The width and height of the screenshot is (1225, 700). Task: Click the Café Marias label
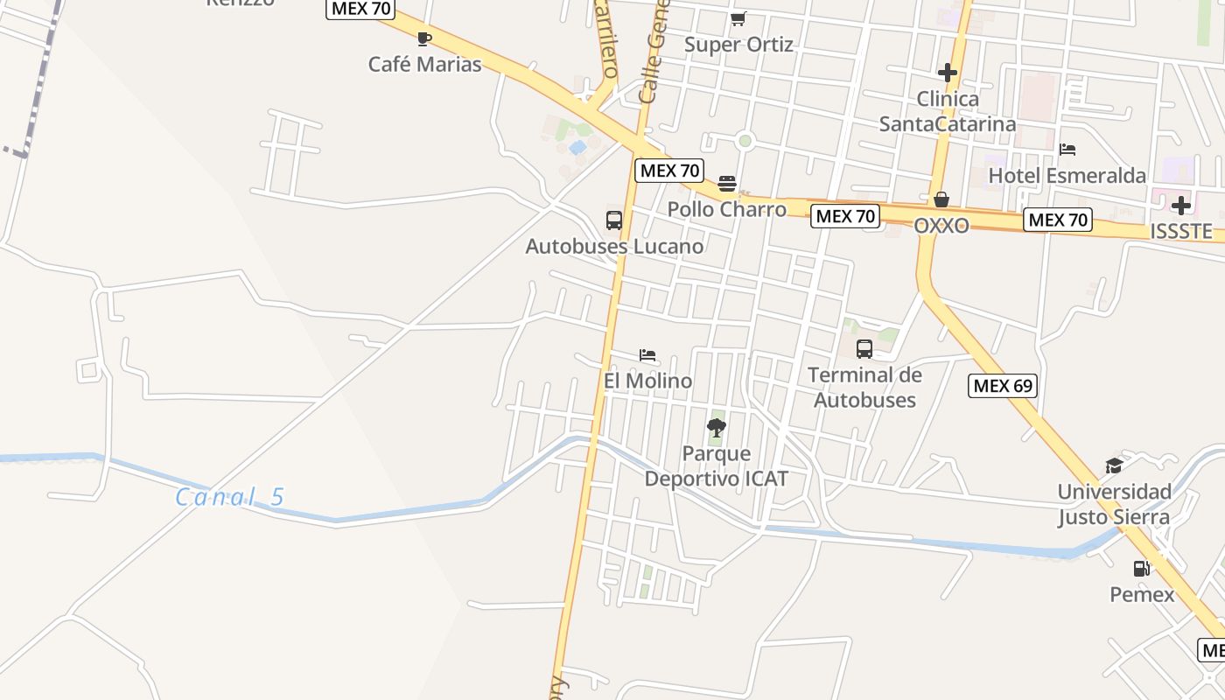[x=424, y=64]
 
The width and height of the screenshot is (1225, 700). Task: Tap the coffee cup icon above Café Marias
[x=424, y=38]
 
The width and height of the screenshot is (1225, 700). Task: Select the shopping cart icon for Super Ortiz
[x=738, y=18]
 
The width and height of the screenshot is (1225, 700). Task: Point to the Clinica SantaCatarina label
[x=948, y=111]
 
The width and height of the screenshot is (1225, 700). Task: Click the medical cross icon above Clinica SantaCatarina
[x=947, y=73]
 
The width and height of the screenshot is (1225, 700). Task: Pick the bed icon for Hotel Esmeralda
[x=1067, y=150]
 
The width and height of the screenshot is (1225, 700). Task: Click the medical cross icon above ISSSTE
[x=1181, y=206]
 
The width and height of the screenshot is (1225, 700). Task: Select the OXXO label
[x=941, y=226]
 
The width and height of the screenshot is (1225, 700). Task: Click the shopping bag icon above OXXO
[x=941, y=200]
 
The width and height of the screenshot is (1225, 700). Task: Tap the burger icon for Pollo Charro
[x=727, y=184]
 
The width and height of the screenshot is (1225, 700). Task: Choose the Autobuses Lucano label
[x=614, y=247]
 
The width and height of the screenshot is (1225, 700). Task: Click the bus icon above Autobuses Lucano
[x=614, y=220]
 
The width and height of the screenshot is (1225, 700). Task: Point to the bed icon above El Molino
[x=647, y=355]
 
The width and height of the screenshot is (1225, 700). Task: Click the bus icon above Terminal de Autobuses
[x=864, y=349]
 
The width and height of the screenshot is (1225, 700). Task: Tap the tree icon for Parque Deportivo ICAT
[x=717, y=428]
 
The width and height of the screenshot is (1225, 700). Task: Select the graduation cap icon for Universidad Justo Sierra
[x=1114, y=465]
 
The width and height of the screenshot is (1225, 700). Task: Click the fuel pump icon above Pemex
[x=1142, y=569]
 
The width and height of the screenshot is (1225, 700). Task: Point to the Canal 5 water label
[x=230, y=497]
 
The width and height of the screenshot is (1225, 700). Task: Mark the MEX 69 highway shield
[x=1003, y=385]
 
